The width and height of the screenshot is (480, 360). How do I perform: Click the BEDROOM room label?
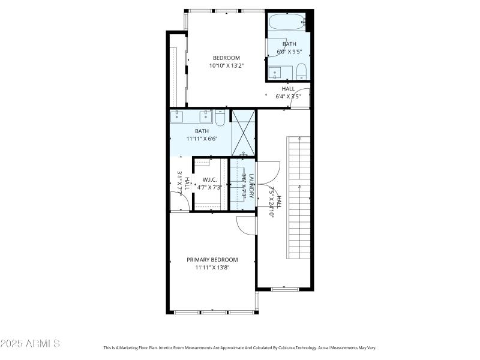(226, 58)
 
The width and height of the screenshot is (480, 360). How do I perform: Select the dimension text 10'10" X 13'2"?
(226, 66)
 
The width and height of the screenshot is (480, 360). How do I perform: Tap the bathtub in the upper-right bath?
(287, 23)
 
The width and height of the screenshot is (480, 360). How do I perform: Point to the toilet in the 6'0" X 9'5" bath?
(301, 71)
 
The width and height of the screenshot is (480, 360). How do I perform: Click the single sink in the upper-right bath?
(276, 74)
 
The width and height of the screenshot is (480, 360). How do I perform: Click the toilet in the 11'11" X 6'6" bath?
(220, 118)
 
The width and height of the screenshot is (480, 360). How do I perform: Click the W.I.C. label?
(209, 179)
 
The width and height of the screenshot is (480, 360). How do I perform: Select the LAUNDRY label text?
(252, 186)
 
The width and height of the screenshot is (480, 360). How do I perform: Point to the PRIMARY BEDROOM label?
(212, 260)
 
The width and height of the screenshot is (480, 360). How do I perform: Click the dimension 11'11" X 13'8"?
(212, 268)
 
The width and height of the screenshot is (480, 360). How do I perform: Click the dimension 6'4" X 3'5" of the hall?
(288, 96)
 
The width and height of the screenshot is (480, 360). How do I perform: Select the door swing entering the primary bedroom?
(246, 225)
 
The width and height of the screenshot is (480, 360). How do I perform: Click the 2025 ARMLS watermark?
(30, 344)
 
